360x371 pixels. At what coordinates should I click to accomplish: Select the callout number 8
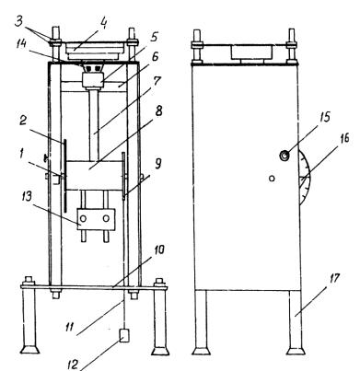pyautogui.click(x=158, y=111)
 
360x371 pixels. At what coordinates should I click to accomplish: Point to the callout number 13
pyautogui.click(x=27, y=196)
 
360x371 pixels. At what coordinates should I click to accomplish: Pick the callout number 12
pyautogui.click(x=74, y=365)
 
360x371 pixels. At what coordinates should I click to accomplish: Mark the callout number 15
pyautogui.click(x=324, y=118)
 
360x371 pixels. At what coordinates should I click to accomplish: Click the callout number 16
pyautogui.click(x=343, y=138)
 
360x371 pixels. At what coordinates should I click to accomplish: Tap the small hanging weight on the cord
pyautogui.click(x=124, y=335)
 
